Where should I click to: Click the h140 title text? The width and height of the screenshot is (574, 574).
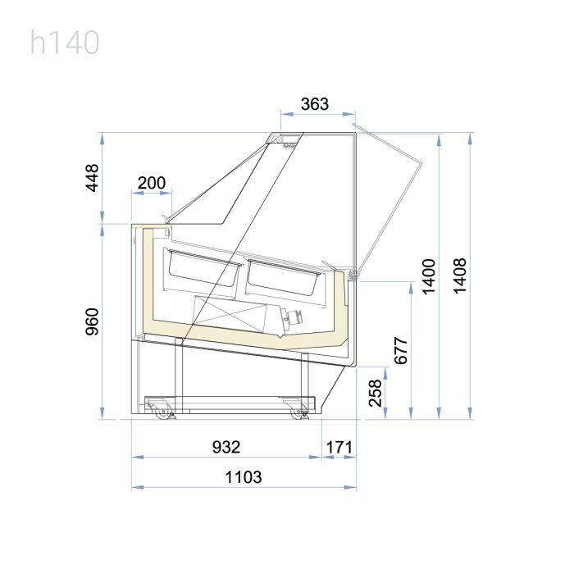point(65,43)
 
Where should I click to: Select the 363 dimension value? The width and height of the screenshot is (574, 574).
point(315,104)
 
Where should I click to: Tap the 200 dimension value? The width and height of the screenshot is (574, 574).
point(152,183)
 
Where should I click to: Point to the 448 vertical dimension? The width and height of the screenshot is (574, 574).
point(92,178)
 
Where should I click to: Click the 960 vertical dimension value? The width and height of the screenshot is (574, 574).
point(92,321)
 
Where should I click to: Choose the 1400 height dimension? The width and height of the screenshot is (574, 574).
point(429,276)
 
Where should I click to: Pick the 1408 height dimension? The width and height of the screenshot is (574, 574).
point(460,276)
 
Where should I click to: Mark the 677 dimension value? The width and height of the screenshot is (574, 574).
point(401,351)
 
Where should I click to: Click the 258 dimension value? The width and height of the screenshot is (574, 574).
point(376,393)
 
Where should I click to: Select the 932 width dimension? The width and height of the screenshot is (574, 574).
point(226,447)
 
